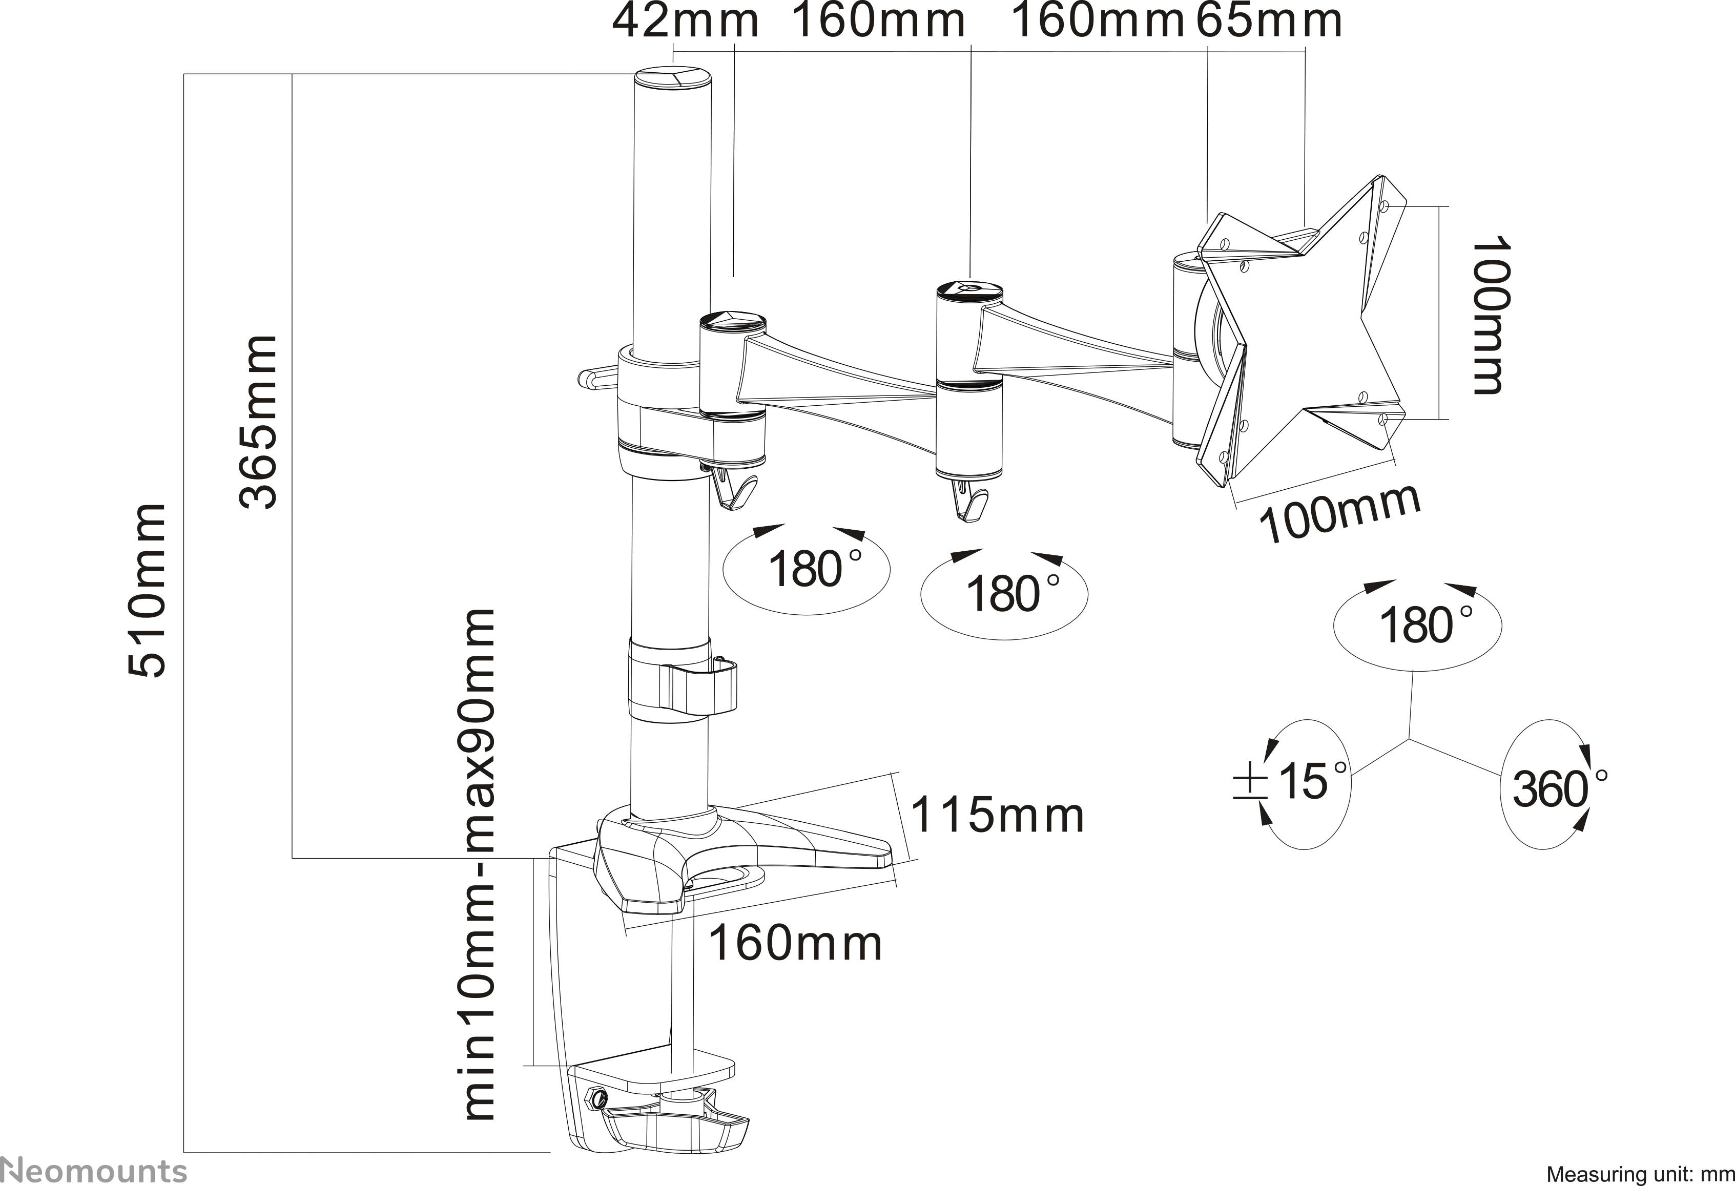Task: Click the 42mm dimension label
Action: coord(685,23)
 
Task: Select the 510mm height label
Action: coord(147,590)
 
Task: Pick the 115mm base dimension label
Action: coord(997,815)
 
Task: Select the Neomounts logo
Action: coord(93,1170)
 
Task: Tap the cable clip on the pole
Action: coord(702,686)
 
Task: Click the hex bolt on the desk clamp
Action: coord(596,1097)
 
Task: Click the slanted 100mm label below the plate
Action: coord(1339,513)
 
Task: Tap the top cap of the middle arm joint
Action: coord(969,289)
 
